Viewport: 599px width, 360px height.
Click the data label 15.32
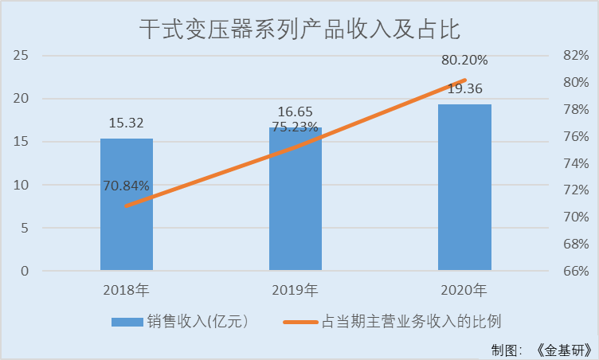pyautogui.click(x=126, y=123)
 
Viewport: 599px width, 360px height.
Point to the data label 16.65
pyautogui.click(x=295, y=112)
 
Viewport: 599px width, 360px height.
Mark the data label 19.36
pyautogui.click(x=465, y=88)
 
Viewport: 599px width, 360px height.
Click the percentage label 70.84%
pyautogui.click(x=126, y=186)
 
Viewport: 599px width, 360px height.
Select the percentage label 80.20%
pyautogui.click(x=465, y=60)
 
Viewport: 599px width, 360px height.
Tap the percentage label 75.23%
pyautogui.click(x=295, y=127)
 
